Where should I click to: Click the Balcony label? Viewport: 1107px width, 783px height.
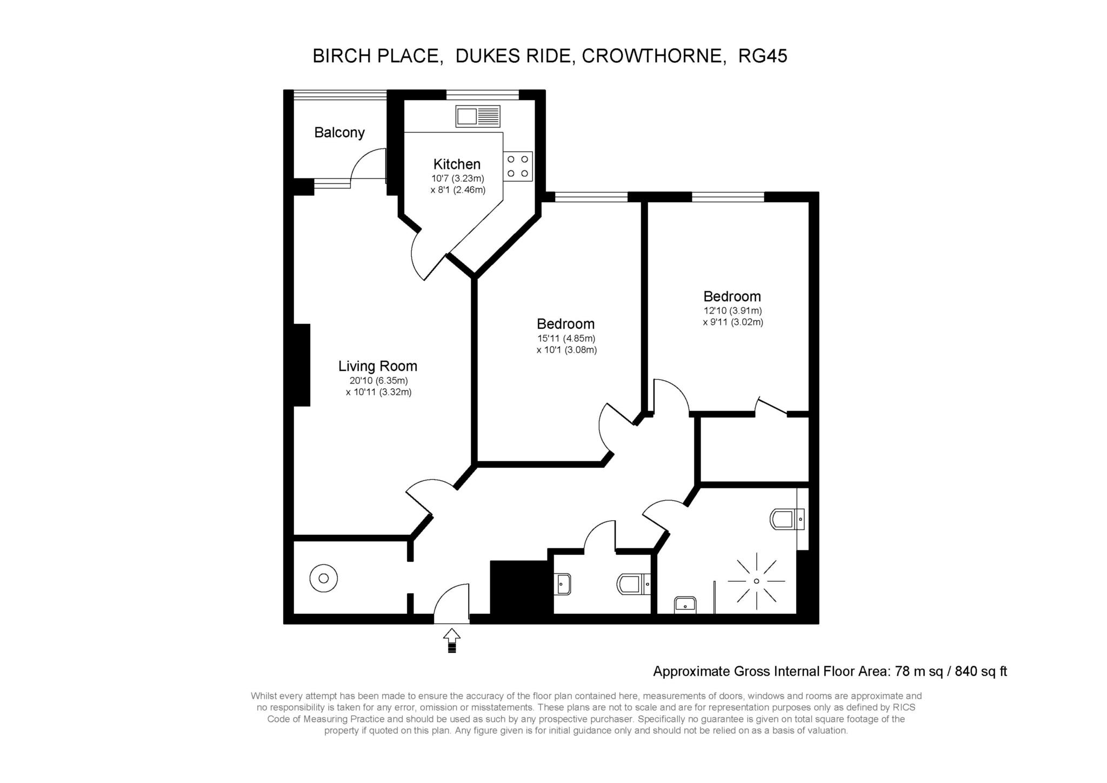click(x=339, y=132)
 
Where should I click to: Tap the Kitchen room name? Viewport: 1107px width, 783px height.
click(x=457, y=164)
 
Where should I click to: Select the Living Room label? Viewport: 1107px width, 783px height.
click(x=378, y=366)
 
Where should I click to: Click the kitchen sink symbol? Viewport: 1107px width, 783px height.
click(x=478, y=116)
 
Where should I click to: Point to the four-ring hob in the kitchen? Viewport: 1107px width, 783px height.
click(x=518, y=167)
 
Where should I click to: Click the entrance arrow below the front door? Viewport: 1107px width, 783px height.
click(x=452, y=640)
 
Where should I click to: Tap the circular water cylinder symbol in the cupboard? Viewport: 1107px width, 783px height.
click(x=323, y=579)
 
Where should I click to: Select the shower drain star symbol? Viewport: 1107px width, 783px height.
click(x=756, y=581)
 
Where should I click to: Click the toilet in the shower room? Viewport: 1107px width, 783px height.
click(x=787, y=519)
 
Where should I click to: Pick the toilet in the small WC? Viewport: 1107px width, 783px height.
click(x=633, y=584)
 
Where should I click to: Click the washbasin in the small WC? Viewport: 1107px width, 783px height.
click(x=563, y=584)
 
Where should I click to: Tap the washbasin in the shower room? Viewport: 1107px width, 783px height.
click(x=685, y=605)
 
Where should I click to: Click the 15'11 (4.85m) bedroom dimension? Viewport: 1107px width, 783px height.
click(x=566, y=339)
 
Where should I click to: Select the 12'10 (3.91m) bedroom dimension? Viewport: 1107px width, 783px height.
click(x=732, y=311)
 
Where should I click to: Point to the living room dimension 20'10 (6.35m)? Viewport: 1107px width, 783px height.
click(x=378, y=381)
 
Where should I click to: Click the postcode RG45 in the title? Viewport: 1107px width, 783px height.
click(x=763, y=56)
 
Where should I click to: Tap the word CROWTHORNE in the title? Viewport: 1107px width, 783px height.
click(x=654, y=56)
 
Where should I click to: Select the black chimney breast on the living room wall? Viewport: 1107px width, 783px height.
click(x=302, y=365)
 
